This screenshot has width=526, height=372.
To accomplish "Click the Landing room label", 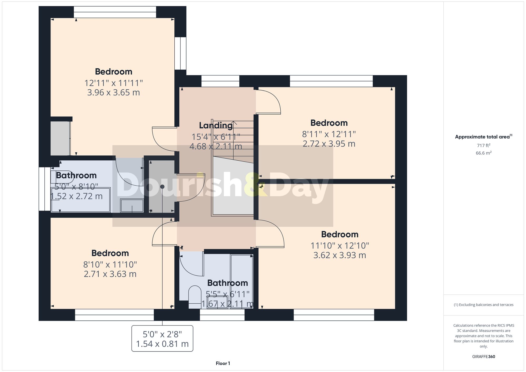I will (216, 125).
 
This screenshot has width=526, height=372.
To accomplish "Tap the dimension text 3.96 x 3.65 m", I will (113, 93).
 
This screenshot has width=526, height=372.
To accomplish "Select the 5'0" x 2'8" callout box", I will (162, 339).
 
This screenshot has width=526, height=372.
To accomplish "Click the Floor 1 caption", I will (223, 363).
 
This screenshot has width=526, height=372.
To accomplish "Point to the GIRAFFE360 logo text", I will (483, 356).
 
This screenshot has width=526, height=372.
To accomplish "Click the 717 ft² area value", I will (483, 145).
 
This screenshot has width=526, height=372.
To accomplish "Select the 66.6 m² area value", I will (483, 153).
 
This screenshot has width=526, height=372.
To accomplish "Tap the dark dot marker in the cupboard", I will (162, 187).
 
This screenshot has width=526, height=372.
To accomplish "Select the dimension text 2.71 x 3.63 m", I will (110, 274).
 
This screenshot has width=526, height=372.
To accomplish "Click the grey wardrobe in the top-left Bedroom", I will (60, 138).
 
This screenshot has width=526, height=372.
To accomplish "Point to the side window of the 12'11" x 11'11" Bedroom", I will (180, 53).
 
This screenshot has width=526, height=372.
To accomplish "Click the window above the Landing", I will (220, 81).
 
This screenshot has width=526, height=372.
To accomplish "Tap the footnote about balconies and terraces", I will (483, 305).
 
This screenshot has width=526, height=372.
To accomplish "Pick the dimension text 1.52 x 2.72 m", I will (76, 196).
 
